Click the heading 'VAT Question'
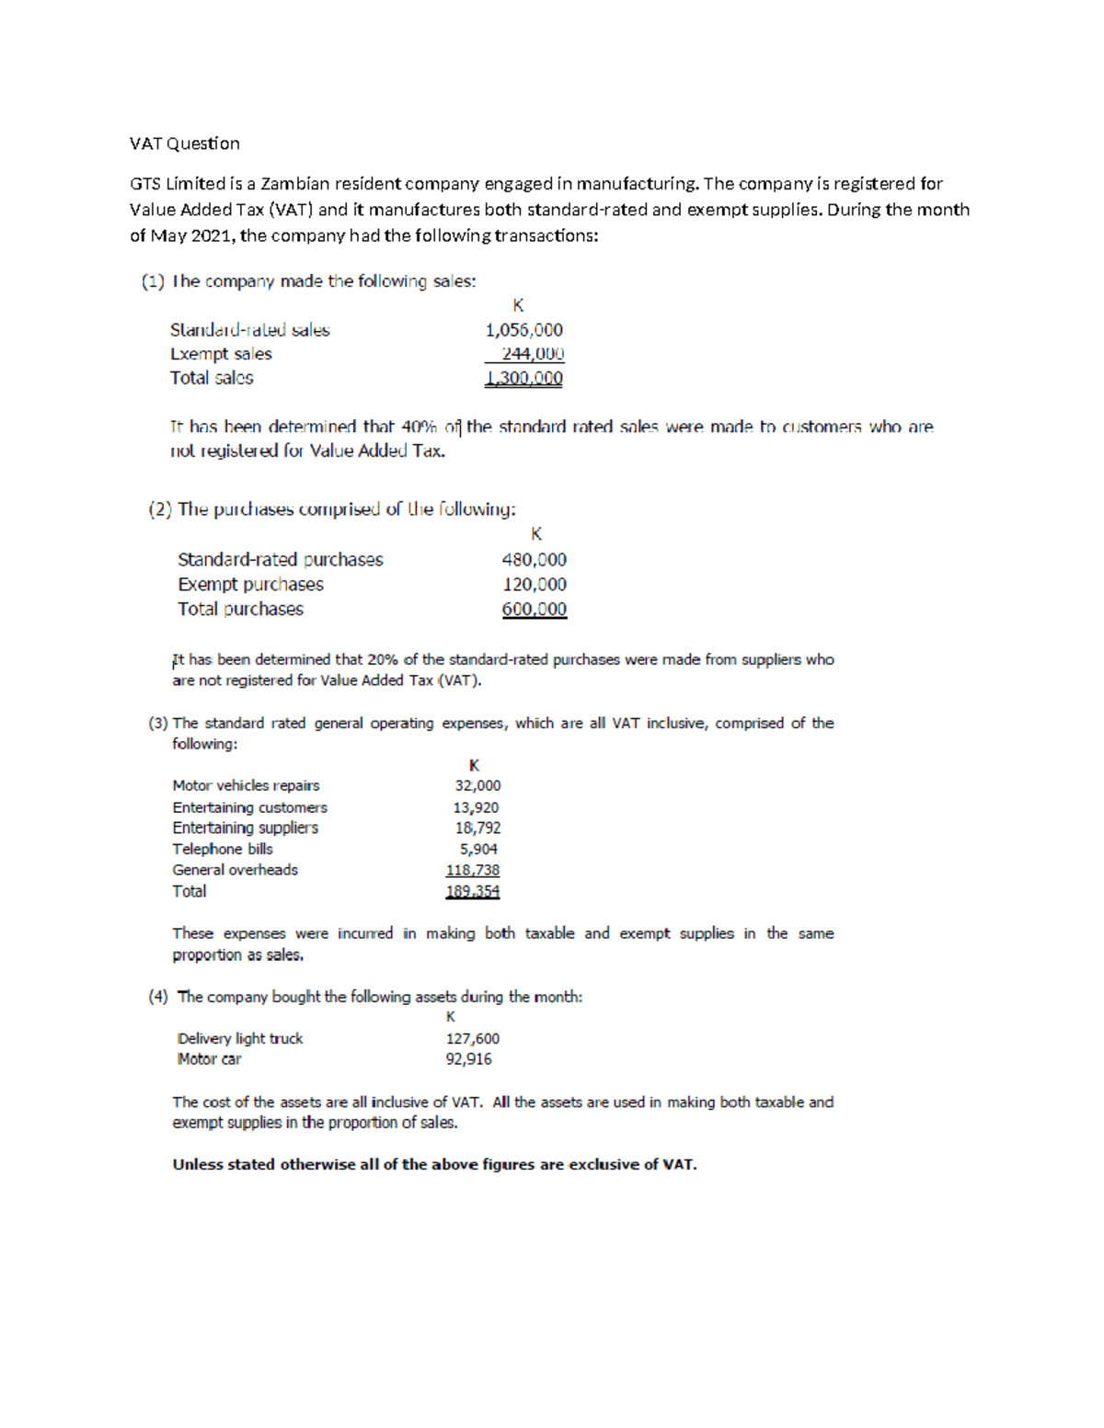pyautogui.click(x=184, y=143)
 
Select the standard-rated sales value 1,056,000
pyautogui.click(x=523, y=330)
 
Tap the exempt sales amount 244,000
pyautogui.click(x=532, y=354)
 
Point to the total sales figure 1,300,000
pyautogui.click(x=523, y=379)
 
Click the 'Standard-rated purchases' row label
pyautogui.click(x=280, y=560)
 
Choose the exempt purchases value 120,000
pyautogui.click(x=534, y=585)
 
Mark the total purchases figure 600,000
pyautogui.click(x=534, y=610)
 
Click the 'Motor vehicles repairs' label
pyautogui.click(x=246, y=785)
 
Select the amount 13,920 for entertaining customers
pyautogui.click(x=476, y=807)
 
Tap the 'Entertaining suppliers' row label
pyautogui.click(x=245, y=828)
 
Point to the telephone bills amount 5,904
pyautogui.click(x=478, y=850)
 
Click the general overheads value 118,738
pyautogui.click(x=472, y=870)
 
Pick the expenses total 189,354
pyautogui.click(x=472, y=891)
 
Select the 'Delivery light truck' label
pyautogui.click(x=239, y=1038)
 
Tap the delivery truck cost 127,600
pyautogui.click(x=472, y=1038)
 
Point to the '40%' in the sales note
pyautogui.click(x=418, y=428)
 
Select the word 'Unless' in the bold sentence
pyautogui.click(x=198, y=1164)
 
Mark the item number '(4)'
pyautogui.click(x=158, y=997)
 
